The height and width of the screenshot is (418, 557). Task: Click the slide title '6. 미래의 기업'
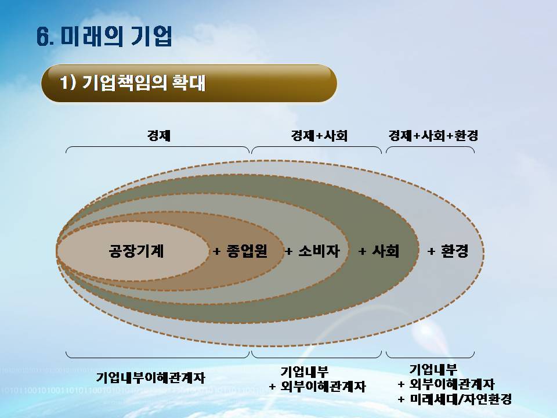point(104,36)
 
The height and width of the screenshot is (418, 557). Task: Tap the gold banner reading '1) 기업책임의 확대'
point(189,84)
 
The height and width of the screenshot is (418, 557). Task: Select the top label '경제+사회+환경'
point(433,135)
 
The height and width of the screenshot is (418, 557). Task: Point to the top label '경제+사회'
point(319,135)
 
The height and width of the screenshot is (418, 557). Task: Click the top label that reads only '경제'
point(159,135)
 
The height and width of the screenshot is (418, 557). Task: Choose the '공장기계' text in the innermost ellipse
point(136,251)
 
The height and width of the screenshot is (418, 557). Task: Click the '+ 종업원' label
point(240,251)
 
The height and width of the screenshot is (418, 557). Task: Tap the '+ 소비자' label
point(313,251)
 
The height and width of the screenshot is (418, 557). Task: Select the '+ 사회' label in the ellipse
point(379,251)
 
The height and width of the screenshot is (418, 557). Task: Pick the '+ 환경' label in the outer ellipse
point(447,251)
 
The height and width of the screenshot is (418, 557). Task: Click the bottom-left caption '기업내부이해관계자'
point(151,377)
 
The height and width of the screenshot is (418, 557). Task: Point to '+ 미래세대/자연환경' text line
point(455,399)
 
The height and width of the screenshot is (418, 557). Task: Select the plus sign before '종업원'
point(216,251)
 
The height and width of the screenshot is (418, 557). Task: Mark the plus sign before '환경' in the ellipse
point(431,251)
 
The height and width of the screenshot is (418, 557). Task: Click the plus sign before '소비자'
point(289,251)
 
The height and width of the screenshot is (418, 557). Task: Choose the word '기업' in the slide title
point(151,36)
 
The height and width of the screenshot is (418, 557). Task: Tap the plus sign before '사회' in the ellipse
point(362,251)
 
